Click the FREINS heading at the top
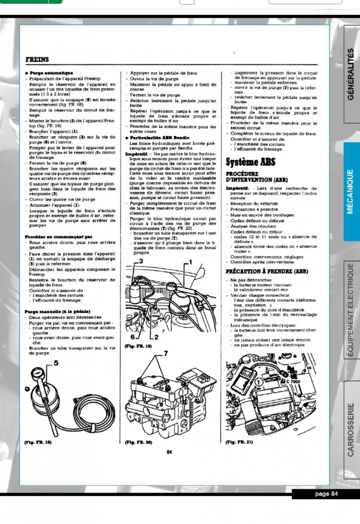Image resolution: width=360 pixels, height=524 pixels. [37, 59]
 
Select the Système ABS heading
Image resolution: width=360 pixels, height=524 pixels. [251, 162]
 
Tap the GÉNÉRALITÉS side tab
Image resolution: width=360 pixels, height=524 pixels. [351, 75]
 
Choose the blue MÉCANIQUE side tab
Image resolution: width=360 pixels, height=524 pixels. [351, 191]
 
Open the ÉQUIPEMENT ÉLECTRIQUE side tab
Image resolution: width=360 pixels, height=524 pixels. [351, 310]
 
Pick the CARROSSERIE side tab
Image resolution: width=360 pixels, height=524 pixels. [351, 430]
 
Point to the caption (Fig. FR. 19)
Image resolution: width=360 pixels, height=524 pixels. [138, 346]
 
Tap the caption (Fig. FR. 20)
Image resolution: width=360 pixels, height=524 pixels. [138, 442]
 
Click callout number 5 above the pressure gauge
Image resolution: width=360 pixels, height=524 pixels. [56, 363]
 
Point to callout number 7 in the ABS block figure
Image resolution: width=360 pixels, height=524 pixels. [166, 353]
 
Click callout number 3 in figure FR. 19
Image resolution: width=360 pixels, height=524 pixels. [141, 261]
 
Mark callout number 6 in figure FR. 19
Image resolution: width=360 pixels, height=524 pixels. [133, 337]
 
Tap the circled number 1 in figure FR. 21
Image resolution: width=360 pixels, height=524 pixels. [258, 382]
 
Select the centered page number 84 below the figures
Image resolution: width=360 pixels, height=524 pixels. [170, 452]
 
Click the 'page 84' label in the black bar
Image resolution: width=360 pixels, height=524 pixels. [326, 494]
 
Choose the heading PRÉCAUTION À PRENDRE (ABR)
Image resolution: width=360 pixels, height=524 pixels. [267, 271]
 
